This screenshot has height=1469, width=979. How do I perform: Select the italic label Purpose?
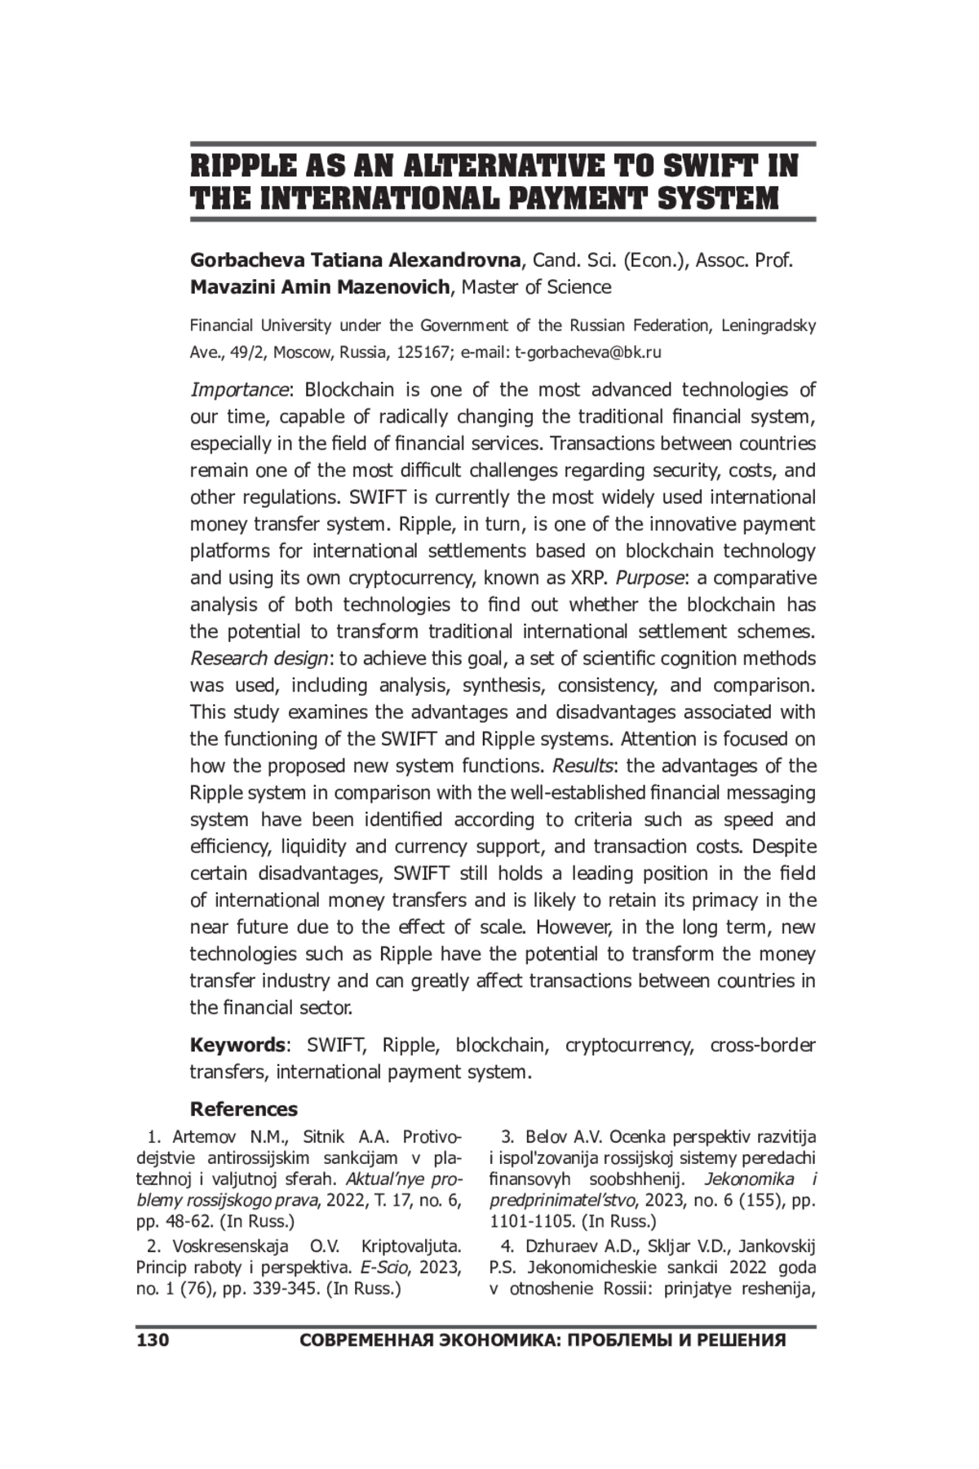[x=649, y=578]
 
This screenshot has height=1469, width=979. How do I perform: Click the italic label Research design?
[x=259, y=659]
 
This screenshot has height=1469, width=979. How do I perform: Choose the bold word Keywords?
[x=237, y=1046]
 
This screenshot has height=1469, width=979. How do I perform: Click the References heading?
[x=244, y=1109]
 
